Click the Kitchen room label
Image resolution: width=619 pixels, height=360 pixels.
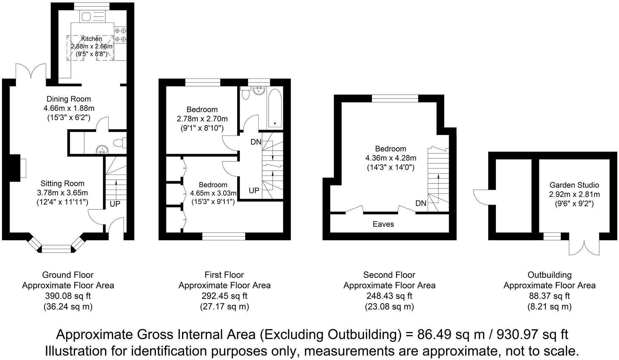coord(91,39)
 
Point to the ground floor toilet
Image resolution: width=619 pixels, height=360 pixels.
coord(120,142)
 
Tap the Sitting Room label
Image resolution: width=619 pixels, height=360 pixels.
coord(62,183)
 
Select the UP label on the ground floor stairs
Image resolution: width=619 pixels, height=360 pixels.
coord(115,204)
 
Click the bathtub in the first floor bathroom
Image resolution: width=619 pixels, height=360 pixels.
coord(275,108)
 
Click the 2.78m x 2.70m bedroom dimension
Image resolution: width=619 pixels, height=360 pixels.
coord(202,119)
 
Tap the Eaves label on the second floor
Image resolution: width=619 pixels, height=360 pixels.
coord(383,224)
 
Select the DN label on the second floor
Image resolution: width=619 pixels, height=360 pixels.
coord(421,203)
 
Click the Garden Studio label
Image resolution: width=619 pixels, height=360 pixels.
coord(574,185)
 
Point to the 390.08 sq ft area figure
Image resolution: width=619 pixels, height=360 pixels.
coord(68,296)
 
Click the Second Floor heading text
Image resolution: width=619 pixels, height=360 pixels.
coord(389,275)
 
